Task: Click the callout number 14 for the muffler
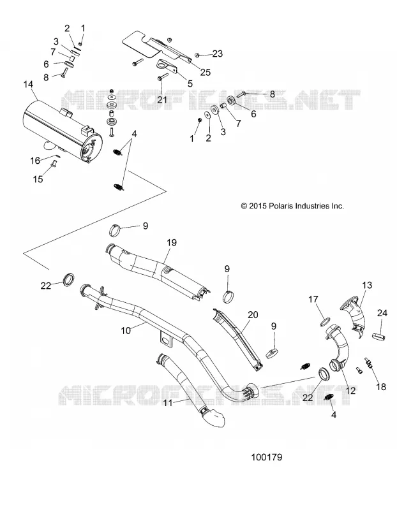(28, 85)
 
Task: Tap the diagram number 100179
(266, 457)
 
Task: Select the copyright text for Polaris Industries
(292, 206)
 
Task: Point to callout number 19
(172, 243)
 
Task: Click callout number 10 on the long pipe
(126, 330)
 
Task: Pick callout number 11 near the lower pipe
(168, 403)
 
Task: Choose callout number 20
(253, 314)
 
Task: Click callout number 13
(367, 285)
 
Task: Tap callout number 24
(382, 313)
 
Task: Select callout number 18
(381, 387)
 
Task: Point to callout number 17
(313, 299)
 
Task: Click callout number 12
(350, 390)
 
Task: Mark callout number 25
(206, 72)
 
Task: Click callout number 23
(218, 54)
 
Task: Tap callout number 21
(162, 99)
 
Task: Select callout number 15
(38, 179)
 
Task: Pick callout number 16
(35, 161)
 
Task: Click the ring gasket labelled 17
(325, 322)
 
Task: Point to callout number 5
(190, 84)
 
